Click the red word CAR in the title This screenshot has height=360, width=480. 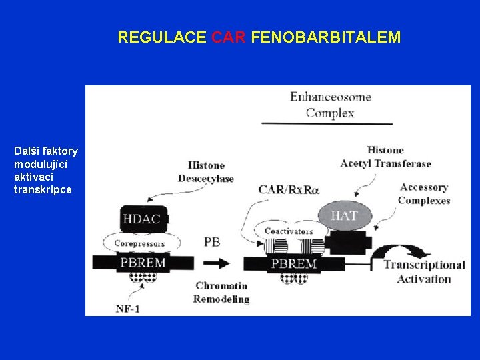point(229,37)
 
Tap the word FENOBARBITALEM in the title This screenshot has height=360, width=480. point(326,37)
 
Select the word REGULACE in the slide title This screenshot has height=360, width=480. point(162,37)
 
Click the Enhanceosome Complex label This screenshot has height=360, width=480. point(330,105)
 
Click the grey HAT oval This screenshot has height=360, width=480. point(344,215)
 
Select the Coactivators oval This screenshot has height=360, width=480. point(289,231)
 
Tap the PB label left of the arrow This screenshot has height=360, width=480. point(211,242)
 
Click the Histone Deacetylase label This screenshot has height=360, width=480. point(206,171)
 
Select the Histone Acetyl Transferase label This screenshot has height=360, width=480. point(385,157)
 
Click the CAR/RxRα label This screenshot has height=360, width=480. point(288,189)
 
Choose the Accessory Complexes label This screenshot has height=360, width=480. point(424,194)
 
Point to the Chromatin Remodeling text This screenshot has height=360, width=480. point(221,292)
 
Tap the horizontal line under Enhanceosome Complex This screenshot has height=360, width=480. point(327,123)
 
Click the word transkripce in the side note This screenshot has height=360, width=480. point(42,190)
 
